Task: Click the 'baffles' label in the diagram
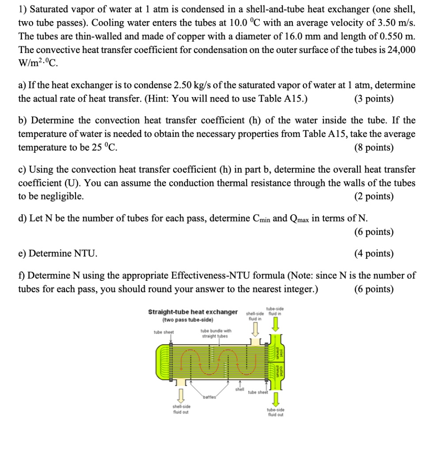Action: tap(210, 397)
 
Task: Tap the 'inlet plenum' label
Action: tap(278, 351)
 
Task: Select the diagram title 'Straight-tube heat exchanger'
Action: tap(193, 312)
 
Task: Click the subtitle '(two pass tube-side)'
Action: tap(188, 320)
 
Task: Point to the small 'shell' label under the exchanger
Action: tap(239, 389)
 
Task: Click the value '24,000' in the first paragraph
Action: tap(400, 50)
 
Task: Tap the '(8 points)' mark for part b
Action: tap(374, 147)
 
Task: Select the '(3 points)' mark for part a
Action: tap(374, 98)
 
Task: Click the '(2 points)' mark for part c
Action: tap(374, 196)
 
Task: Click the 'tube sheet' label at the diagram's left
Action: tap(163, 332)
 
